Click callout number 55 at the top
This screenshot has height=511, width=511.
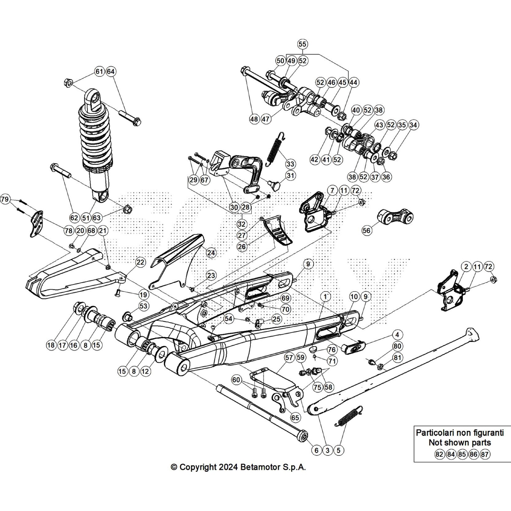tap(302, 44)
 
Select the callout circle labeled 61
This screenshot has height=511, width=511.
tap(99, 71)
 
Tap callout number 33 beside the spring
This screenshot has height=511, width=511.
tap(290, 164)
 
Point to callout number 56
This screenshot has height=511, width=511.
tap(367, 230)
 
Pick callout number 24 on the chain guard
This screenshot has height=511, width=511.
tap(211, 253)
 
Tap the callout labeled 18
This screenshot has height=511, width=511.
tap(51, 345)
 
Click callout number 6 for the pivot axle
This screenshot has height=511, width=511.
tap(316, 450)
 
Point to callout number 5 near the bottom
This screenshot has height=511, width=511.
tap(339, 450)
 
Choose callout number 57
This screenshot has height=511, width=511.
tap(289, 358)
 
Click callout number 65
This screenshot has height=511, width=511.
tap(295, 417)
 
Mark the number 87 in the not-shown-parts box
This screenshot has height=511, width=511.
tap(485, 454)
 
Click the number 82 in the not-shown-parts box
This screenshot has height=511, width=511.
tap(439, 454)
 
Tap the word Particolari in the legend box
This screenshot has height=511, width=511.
tap(437, 433)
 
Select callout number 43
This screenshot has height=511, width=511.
tap(379, 125)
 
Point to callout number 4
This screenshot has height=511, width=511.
tap(397, 335)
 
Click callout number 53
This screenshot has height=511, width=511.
tap(144, 306)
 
